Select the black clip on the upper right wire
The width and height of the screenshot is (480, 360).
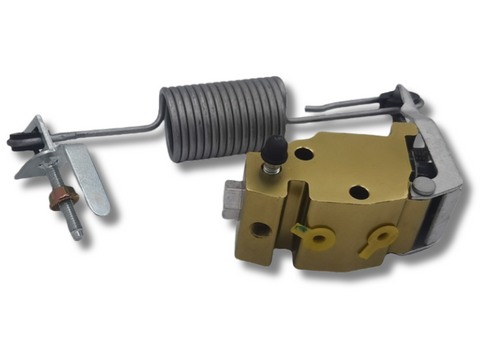[x=385, y=99]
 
